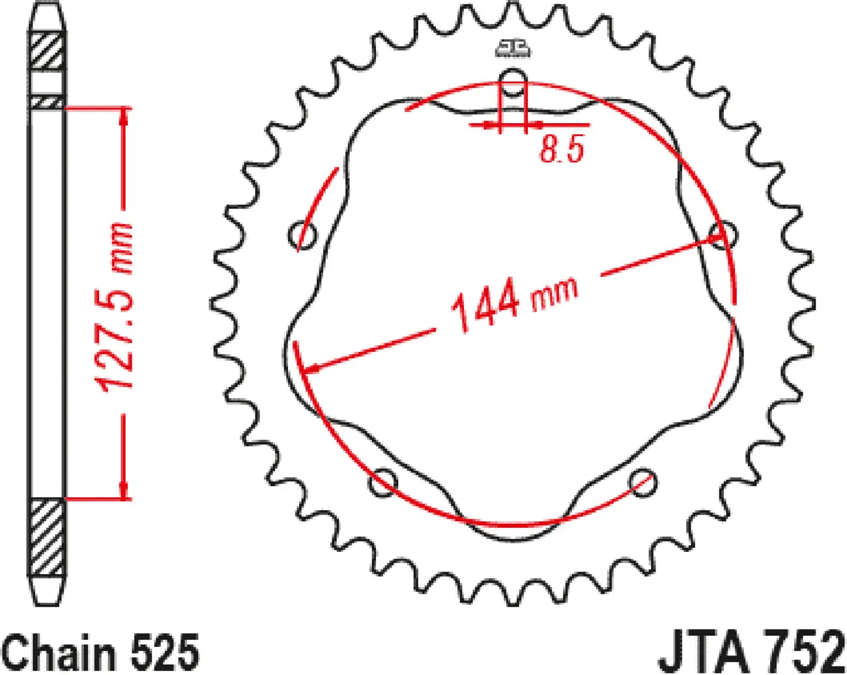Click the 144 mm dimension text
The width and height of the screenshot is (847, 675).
tap(513, 301)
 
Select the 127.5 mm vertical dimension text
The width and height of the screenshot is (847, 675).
tap(115, 307)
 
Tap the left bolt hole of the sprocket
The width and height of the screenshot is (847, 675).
tap(302, 235)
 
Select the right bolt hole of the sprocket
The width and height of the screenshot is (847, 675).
tap(723, 235)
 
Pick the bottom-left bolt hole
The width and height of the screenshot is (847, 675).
tap(383, 483)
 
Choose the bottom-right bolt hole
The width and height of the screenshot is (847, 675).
tap(642, 483)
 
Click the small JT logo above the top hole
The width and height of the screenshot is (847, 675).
tap(513, 48)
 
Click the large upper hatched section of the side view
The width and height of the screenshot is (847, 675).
tap(47, 50)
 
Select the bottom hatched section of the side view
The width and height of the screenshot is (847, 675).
tap(47, 538)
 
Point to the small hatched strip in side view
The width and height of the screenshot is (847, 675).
tap(47, 102)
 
